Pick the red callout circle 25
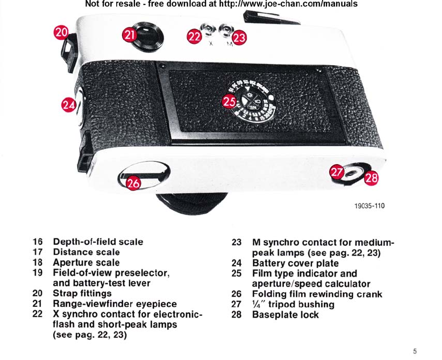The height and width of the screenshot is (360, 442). [x=230, y=101]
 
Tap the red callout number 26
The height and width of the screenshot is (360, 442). [x=134, y=183]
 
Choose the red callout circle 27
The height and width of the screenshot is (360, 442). [x=337, y=173]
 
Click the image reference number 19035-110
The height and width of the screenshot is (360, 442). [x=370, y=205]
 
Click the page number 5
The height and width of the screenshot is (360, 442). [x=415, y=351]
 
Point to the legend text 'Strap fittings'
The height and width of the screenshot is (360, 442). [x=82, y=294]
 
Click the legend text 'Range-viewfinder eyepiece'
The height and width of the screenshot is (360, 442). [x=115, y=305]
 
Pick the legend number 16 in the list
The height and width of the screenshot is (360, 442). [x=37, y=242]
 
